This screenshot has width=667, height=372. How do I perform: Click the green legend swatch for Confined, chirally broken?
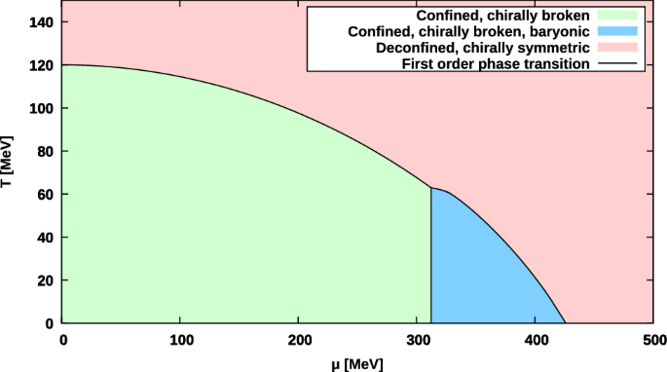[611, 17]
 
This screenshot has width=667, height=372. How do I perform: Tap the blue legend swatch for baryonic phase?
[611, 31]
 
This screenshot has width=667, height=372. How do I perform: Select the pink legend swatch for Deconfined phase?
[611, 47]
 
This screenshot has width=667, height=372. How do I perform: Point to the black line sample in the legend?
[611, 62]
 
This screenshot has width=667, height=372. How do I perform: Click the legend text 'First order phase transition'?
[495, 62]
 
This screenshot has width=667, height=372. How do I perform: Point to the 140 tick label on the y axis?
[42, 21]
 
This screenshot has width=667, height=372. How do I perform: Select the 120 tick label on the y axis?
[42, 65]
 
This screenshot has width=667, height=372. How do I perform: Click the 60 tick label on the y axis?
[46, 194]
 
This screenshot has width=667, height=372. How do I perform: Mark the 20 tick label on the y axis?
[46, 279]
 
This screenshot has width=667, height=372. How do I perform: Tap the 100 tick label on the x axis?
[180, 340]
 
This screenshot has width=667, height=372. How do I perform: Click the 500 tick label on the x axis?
[653, 340]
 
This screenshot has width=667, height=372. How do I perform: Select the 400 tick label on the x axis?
[536, 340]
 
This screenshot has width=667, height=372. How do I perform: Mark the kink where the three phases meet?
[431, 188]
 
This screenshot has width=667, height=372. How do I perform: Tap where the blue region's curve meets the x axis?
[565, 322]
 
